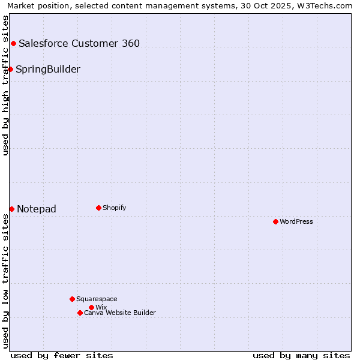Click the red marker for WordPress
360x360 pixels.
[275, 221]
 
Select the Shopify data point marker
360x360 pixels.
[98, 208]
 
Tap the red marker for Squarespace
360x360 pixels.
[72, 299]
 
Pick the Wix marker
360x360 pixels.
[91, 307]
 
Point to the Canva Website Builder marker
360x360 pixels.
[80, 313]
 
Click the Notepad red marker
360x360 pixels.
[11, 209]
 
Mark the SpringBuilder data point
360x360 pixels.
[10, 69]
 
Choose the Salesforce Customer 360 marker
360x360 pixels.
[13, 43]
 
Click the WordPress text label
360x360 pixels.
[296, 221]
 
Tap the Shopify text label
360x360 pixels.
[114, 208]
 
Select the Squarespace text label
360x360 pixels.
[97, 299]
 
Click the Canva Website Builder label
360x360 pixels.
[120, 313]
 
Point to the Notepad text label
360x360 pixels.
[37, 209]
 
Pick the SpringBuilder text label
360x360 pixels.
[48, 69]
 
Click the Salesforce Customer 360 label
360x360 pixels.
[79, 43]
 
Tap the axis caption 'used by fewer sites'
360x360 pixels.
[62, 355]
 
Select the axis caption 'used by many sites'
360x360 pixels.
[301, 355]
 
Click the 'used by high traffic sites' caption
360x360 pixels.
[5, 85]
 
